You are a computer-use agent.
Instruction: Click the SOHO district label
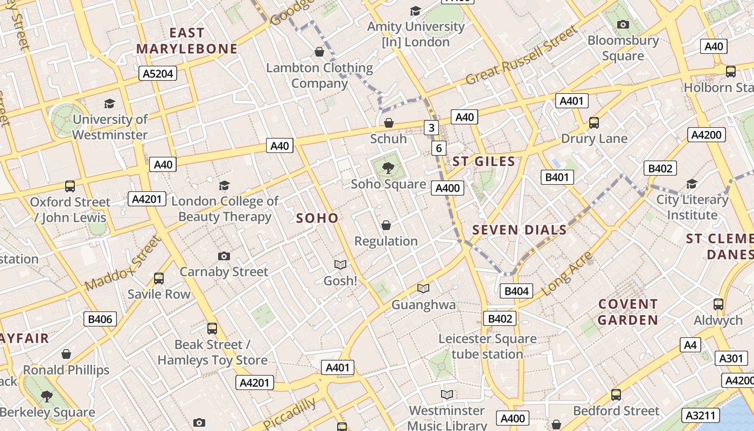(317, 218)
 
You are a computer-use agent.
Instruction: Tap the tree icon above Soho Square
(388, 168)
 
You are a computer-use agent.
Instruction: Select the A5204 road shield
(158, 73)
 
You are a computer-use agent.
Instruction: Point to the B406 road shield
(100, 319)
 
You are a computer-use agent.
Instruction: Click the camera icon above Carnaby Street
(224, 256)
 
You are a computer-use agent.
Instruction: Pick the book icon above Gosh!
(340, 265)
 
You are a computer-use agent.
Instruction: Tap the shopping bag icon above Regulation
(386, 225)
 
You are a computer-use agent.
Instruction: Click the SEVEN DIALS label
(519, 230)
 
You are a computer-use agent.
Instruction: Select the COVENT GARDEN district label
(628, 312)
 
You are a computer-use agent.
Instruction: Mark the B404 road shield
(516, 291)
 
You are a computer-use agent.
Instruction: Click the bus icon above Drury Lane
(594, 123)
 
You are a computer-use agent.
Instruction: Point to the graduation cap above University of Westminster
(110, 103)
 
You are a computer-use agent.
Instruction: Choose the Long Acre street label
(567, 274)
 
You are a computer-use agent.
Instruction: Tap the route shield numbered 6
(439, 148)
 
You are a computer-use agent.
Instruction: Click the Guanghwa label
(423, 305)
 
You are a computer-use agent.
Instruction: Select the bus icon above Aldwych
(718, 304)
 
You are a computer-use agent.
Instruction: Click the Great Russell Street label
(521, 56)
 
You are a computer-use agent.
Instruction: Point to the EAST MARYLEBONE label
(187, 41)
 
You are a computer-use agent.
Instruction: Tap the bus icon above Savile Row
(159, 279)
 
